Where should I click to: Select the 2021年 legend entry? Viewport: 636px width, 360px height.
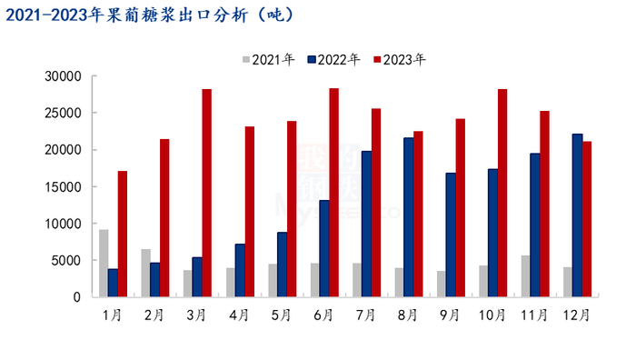click(268, 60)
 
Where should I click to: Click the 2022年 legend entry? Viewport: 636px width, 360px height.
click(333, 60)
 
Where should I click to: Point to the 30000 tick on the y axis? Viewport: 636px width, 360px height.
click(65, 76)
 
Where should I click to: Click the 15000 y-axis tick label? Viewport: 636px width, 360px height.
click(65, 187)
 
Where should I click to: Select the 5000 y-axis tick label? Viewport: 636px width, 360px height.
click(68, 261)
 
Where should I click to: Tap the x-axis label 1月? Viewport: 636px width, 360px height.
click(112, 315)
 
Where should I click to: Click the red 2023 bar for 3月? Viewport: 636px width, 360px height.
click(206, 193)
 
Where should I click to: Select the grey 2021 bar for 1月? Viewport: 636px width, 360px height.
click(104, 263)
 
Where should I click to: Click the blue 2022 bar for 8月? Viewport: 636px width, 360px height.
click(408, 217)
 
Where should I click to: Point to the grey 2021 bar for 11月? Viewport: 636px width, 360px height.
click(526, 276)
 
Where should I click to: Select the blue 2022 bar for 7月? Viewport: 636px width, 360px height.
click(365, 224)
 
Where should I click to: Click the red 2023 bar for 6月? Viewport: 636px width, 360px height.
click(333, 193)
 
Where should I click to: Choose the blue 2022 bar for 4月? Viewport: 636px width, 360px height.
click(239, 270)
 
